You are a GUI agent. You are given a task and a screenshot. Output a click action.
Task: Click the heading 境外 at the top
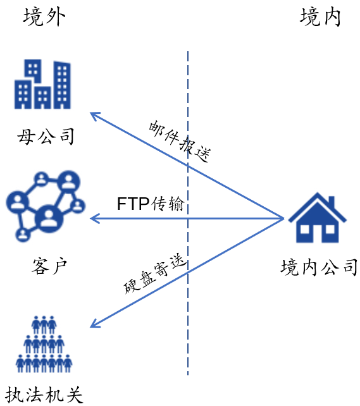tap(44, 16)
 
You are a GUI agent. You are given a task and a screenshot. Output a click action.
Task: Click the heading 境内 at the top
tap(320, 16)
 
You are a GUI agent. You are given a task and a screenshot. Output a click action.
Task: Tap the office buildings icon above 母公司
tap(42, 84)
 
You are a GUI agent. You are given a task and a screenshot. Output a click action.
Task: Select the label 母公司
tap(46, 136)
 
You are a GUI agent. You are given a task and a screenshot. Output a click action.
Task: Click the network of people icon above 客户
tap(46, 206)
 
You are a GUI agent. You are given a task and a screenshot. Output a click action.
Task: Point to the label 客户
tap(49, 266)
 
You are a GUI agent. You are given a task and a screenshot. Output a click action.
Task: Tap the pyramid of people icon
tap(44, 344)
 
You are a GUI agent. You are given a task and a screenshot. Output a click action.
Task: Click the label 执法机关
tap(44, 395)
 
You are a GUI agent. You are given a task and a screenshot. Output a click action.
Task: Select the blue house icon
tap(317, 218)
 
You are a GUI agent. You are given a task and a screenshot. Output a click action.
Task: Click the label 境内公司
tap(319, 267)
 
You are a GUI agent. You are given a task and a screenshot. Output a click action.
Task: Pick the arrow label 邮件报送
tap(180, 141)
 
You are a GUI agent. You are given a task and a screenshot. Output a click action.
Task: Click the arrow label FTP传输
tap(151, 204)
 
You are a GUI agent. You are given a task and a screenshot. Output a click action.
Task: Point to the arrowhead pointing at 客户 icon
tap(90, 219)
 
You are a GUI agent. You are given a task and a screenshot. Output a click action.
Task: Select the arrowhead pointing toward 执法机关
tap(90, 328)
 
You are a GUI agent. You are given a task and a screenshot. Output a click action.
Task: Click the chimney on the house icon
tap(332, 202)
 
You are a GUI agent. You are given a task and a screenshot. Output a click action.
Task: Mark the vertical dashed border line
tap(188, 213)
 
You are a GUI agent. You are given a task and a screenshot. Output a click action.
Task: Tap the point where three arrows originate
tap(283, 219)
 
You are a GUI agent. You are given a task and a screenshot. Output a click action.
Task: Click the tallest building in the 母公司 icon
tap(62, 85)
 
